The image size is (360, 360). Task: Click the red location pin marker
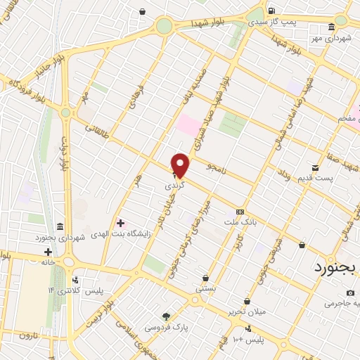180,165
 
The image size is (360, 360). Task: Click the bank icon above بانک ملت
240,212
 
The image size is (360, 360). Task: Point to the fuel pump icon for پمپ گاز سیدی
271,11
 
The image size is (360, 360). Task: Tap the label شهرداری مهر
332,37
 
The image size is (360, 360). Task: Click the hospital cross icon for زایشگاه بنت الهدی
120,223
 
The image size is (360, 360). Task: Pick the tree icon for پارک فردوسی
166,316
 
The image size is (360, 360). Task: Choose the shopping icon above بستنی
205,278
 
